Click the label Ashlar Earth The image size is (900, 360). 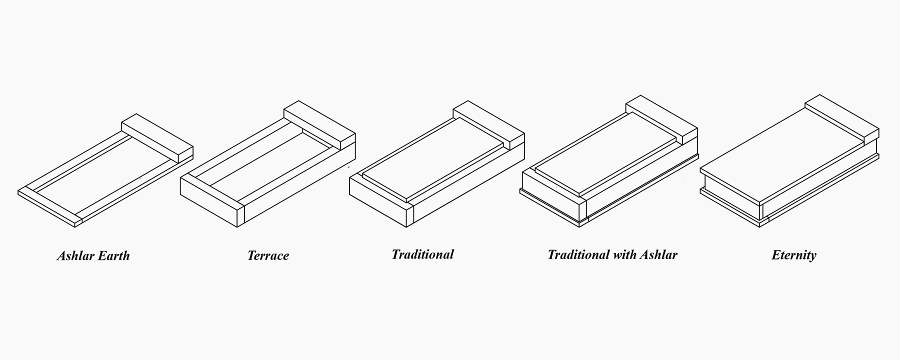pyautogui.click(x=93, y=256)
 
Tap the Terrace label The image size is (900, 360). pyautogui.click(x=268, y=256)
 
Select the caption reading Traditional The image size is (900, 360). pyautogui.click(x=422, y=254)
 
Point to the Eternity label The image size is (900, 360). pyautogui.click(x=794, y=255)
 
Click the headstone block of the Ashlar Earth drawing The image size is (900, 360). pyautogui.click(x=157, y=137)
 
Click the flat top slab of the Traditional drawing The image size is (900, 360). pyautogui.click(x=433, y=159)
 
